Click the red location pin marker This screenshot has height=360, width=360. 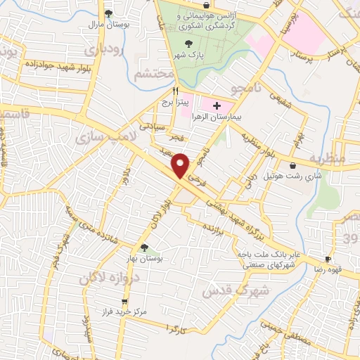click(x=181, y=165)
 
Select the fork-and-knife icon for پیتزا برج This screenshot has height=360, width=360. click(x=176, y=91)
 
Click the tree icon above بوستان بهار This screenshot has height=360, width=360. click(x=144, y=247)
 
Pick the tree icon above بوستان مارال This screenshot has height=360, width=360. click(x=108, y=13)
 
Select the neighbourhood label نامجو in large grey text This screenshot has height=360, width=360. click(x=250, y=86)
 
